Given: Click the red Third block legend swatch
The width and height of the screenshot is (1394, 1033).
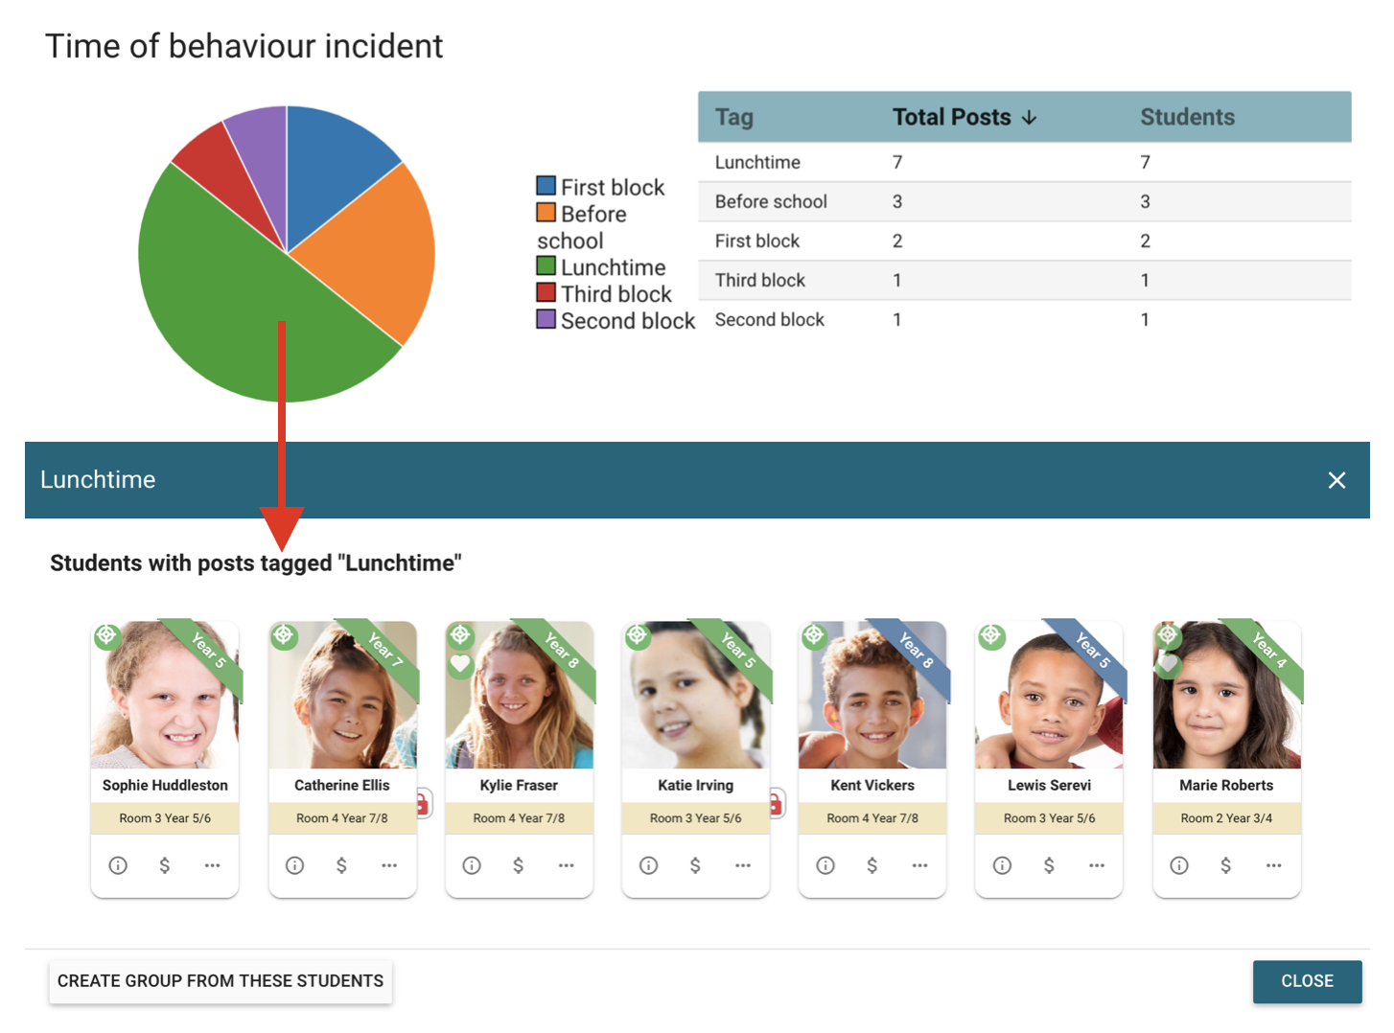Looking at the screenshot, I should click(546, 293).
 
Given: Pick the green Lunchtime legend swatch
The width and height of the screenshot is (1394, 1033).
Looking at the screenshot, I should click(546, 266).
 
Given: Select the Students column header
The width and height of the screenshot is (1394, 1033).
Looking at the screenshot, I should click(1187, 117).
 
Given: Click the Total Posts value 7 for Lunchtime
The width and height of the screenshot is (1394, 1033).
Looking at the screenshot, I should click(897, 162).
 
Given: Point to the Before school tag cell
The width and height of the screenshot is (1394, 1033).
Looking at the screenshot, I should click(771, 201).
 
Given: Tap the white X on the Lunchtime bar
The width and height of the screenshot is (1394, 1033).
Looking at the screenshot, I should click(1336, 480).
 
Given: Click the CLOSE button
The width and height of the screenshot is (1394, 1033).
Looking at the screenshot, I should click(1307, 981).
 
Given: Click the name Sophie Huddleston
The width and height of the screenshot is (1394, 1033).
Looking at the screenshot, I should click(165, 785).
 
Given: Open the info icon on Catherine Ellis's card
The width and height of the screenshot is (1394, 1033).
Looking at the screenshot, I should click(295, 865).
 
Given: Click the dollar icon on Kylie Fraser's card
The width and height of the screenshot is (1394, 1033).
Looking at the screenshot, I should click(519, 865).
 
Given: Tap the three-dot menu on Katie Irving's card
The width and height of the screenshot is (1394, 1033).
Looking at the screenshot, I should click(743, 865).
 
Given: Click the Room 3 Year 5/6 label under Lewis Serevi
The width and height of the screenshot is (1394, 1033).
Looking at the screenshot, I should click(1049, 818).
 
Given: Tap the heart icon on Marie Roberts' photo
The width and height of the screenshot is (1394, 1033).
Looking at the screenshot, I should click(1168, 663).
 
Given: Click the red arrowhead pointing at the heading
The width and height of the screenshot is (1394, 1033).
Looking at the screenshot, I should click(281, 527).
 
